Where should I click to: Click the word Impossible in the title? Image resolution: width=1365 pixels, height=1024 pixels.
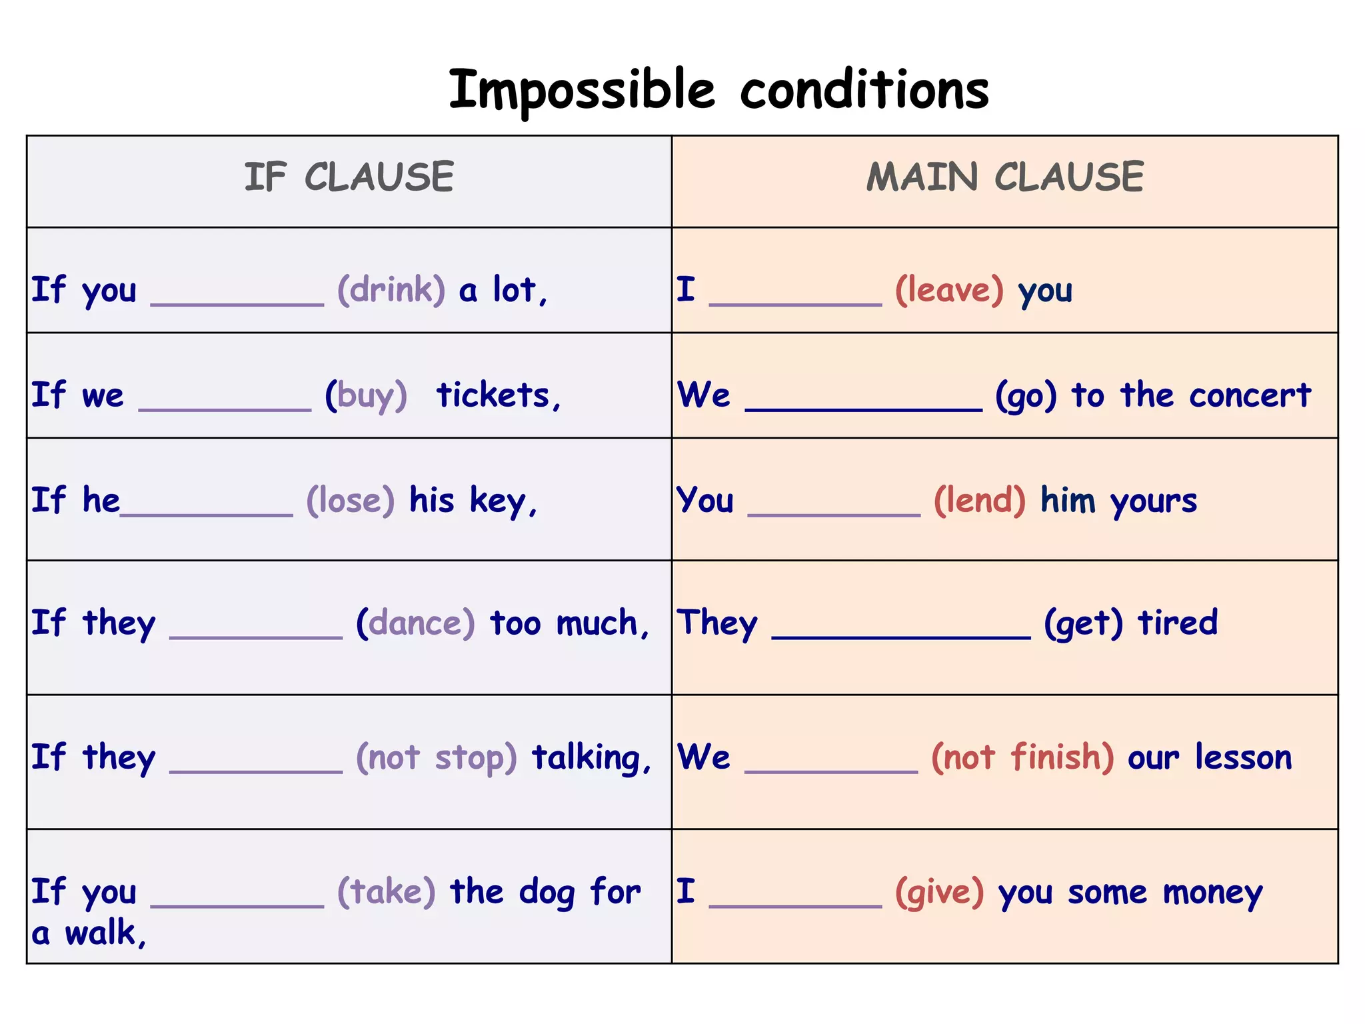click(x=582, y=90)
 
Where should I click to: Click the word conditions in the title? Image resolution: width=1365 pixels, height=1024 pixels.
click(x=864, y=90)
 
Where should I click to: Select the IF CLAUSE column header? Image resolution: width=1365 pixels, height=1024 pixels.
click(x=349, y=177)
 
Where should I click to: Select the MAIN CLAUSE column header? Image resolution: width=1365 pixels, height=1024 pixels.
click(x=1004, y=177)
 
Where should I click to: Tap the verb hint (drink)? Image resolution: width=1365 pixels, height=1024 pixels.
click(x=391, y=290)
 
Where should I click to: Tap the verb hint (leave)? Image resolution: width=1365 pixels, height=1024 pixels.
click(x=949, y=290)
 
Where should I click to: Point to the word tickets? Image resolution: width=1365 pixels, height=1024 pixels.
click(x=497, y=395)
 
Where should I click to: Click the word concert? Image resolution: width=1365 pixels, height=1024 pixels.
click(x=1250, y=395)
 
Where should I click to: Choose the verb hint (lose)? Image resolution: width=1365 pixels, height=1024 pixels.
click(x=351, y=500)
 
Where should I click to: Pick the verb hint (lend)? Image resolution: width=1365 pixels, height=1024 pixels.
click(x=980, y=500)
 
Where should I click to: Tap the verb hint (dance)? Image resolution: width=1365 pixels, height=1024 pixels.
click(x=415, y=623)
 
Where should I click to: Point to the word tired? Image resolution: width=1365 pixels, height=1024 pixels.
click(x=1178, y=623)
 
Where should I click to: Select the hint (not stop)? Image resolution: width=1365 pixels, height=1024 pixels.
click(x=437, y=757)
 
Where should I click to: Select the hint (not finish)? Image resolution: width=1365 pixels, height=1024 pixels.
click(x=1022, y=757)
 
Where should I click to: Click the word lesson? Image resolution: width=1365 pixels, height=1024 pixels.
click(x=1243, y=757)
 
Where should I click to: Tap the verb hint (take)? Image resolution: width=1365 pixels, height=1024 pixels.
click(x=387, y=891)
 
